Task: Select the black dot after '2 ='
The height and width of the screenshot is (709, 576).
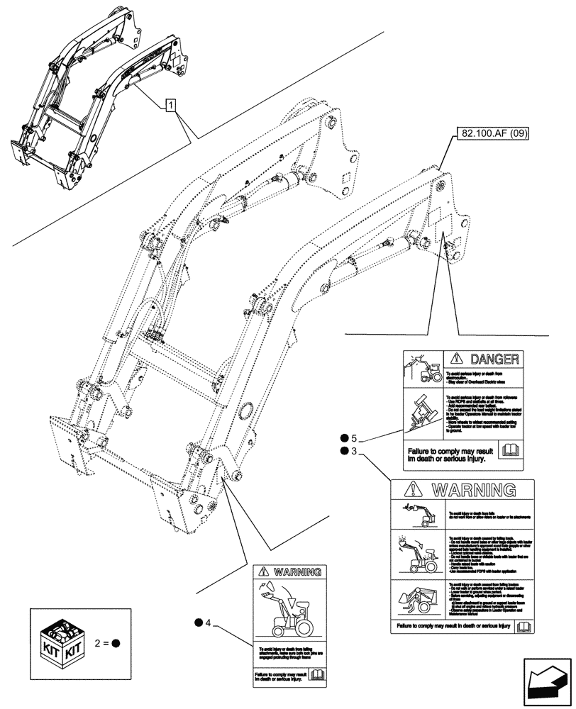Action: tap(116, 644)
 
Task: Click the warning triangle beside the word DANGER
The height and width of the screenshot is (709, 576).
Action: tap(455, 359)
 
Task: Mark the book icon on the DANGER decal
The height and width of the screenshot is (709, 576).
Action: tap(510, 450)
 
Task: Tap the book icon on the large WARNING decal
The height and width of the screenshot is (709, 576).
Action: tap(524, 626)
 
